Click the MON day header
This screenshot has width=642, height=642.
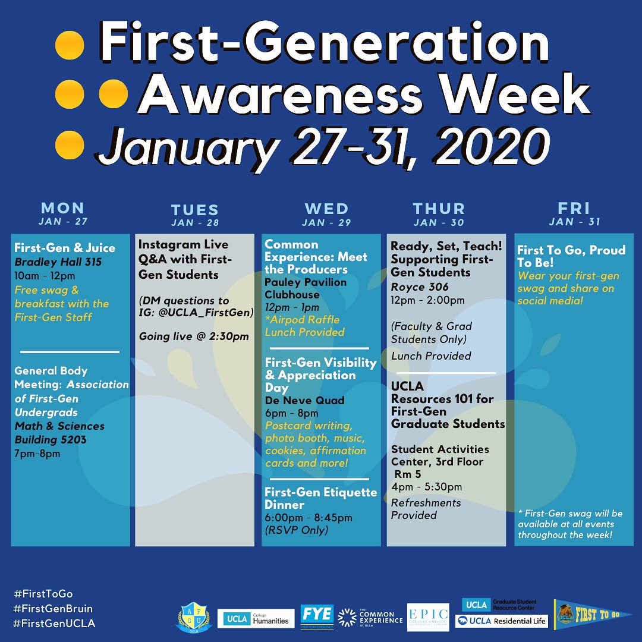click(x=62, y=209)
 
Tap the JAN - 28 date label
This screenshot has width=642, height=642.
click(x=194, y=223)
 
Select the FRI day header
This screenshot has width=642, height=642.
click(x=574, y=209)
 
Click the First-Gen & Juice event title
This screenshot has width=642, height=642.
click(x=65, y=248)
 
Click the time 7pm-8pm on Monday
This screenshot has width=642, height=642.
click(x=37, y=454)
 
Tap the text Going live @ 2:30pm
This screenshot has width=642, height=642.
click(x=194, y=336)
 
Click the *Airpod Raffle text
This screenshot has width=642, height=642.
click(x=302, y=320)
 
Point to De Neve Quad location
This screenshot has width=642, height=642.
click(x=304, y=400)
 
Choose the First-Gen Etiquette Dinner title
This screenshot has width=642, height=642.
click(x=321, y=498)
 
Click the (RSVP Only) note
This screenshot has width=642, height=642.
click(x=297, y=529)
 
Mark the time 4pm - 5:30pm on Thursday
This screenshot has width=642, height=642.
click(x=426, y=487)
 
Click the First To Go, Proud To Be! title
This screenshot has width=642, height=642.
click(x=571, y=256)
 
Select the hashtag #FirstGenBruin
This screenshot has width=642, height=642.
click(x=53, y=609)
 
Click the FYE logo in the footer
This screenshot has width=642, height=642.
click(x=317, y=616)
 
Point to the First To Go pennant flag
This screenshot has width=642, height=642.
click(x=592, y=615)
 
